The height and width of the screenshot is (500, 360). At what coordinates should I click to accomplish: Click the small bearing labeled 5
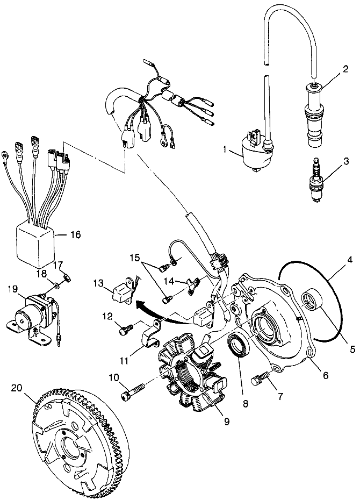[314, 299]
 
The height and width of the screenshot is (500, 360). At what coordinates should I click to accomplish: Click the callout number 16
[75, 234]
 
